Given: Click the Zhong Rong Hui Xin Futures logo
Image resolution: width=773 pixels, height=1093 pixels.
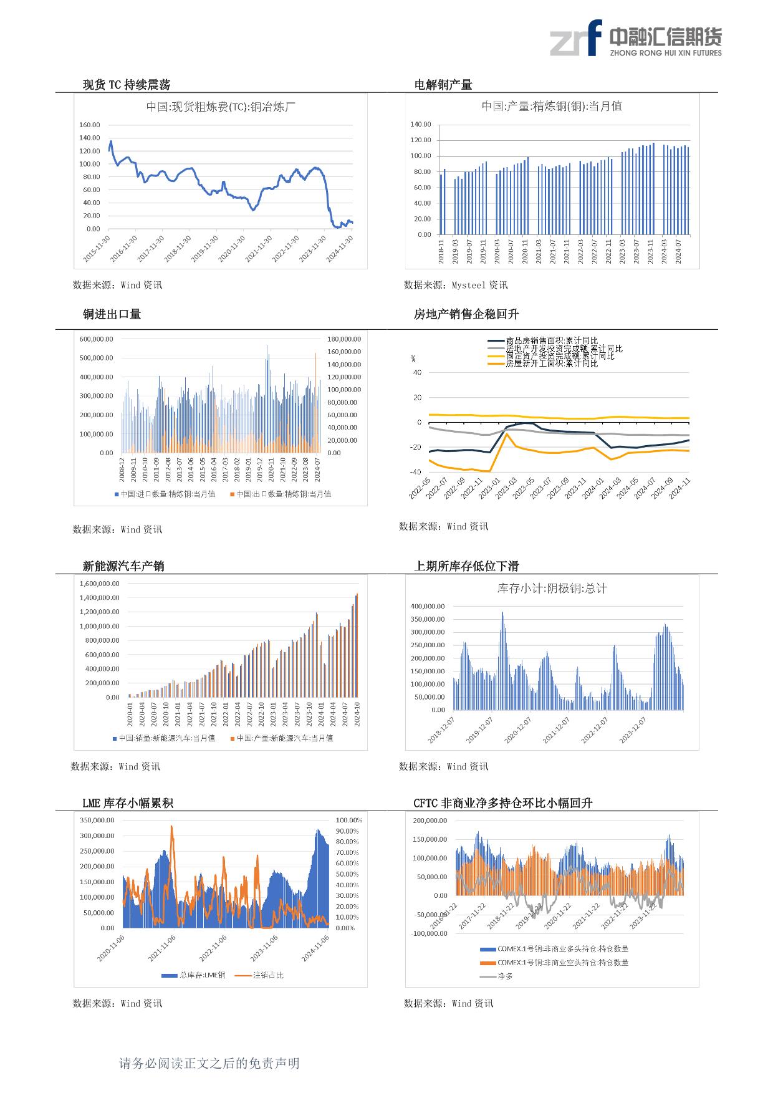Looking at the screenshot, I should (x=635, y=39).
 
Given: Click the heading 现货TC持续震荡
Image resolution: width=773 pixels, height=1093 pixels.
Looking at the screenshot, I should (x=127, y=85).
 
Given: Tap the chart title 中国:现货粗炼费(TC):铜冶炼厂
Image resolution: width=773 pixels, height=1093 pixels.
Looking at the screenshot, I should (x=221, y=107).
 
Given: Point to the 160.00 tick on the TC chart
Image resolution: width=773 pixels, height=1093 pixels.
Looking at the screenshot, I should (x=89, y=125).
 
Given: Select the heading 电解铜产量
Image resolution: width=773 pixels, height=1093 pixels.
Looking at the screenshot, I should (x=443, y=85).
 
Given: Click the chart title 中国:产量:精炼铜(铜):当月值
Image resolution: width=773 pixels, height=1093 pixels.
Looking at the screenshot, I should (x=552, y=106).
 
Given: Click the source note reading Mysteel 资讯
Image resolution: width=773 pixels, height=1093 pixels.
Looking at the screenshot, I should (x=479, y=285).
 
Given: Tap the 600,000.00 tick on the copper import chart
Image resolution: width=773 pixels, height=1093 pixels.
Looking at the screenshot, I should (x=96, y=339).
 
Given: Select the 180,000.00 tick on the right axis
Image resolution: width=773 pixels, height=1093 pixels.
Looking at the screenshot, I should (x=343, y=339).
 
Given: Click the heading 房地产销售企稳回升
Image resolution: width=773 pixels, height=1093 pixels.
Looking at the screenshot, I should (x=466, y=314).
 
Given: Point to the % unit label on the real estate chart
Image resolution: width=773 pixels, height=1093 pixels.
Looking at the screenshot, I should (x=413, y=359).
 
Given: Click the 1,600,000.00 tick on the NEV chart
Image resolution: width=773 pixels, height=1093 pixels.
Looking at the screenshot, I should (x=99, y=584).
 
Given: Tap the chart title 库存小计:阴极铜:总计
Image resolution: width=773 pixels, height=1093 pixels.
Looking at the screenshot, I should (x=552, y=588).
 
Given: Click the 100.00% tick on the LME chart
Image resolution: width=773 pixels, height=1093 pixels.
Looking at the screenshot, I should (x=348, y=820).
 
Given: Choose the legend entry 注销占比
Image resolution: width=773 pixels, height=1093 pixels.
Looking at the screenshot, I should (x=268, y=975).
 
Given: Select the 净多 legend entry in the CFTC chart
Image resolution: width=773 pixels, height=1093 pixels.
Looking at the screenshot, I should (x=505, y=976).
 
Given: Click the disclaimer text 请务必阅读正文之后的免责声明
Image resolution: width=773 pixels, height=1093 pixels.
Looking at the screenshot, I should (x=209, y=1063).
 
